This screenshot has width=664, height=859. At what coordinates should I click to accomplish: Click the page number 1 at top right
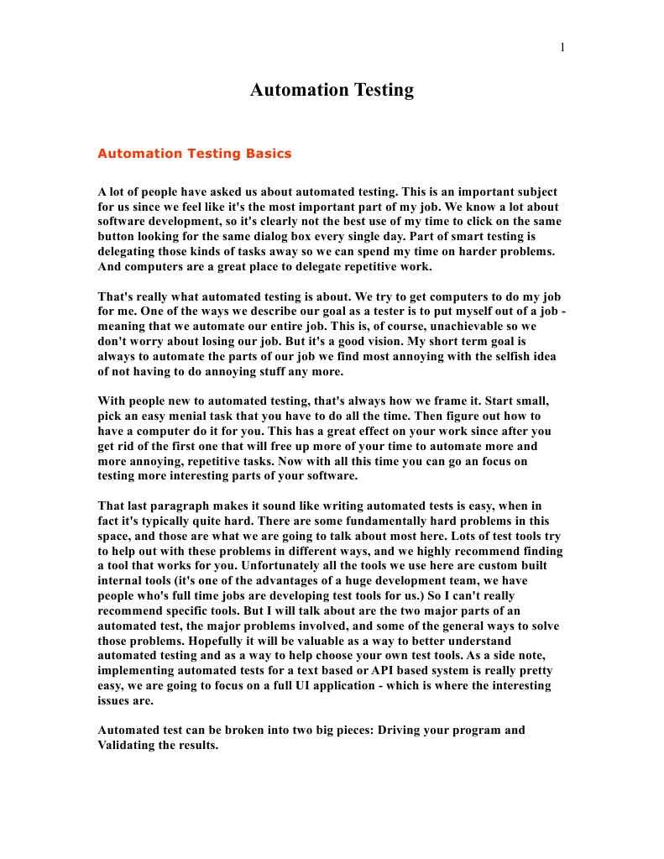tap(562, 47)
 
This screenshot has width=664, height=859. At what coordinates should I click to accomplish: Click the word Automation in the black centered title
tap(290, 90)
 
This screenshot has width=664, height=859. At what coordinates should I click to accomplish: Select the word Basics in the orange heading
tap(269, 154)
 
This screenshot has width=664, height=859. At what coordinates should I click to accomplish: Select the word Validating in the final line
tap(126, 746)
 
